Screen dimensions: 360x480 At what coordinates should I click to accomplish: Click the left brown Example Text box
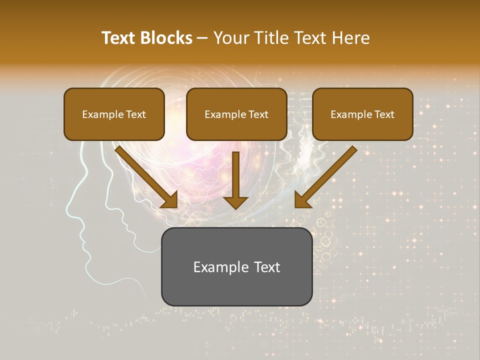click(x=114, y=114)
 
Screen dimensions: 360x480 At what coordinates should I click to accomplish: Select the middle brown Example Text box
click(x=236, y=114)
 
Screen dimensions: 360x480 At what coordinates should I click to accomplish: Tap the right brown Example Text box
click(x=362, y=114)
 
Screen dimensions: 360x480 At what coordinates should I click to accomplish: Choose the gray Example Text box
click(x=236, y=266)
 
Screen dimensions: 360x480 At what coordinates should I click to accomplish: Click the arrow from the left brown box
click(x=145, y=176)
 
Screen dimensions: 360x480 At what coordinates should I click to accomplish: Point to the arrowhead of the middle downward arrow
click(x=235, y=202)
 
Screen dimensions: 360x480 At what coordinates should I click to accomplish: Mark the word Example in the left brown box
click(x=100, y=114)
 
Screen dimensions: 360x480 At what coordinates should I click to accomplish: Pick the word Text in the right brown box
click(x=384, y=114)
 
